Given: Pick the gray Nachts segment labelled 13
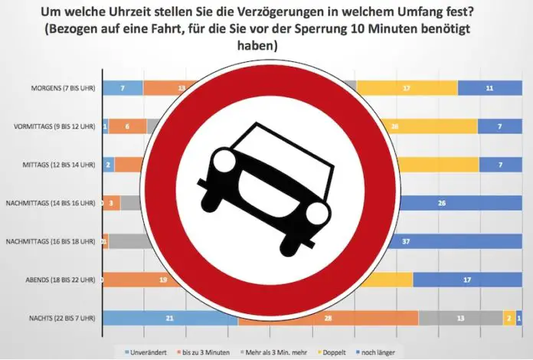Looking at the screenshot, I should point(460,318).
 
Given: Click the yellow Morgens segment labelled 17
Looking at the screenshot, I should point(407,88).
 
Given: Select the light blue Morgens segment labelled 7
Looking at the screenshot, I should point(123,88).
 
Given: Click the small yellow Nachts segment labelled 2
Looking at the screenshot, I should point(508,318).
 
